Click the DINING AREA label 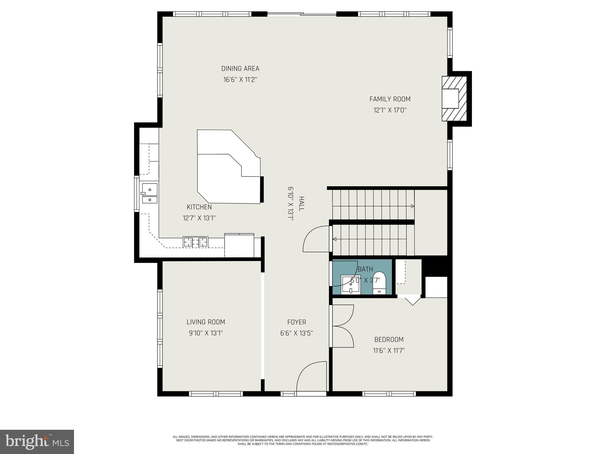240,69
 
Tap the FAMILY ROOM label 390,99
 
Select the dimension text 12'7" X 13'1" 199,218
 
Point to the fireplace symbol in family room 454,98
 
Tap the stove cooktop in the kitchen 195,242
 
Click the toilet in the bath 379,283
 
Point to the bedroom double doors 343,326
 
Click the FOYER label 296,322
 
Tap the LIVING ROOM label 206,322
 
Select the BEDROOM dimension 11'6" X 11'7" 389,351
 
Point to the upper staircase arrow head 412,206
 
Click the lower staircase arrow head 335,239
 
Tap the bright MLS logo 37,442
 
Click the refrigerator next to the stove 239,245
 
